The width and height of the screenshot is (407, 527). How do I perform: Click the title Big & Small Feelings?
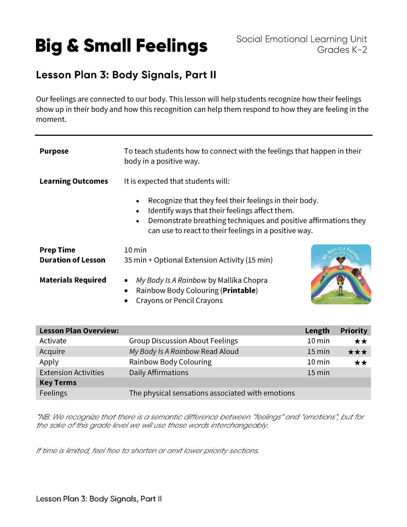click(121, 46)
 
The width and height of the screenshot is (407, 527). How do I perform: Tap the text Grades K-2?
click(342, 50)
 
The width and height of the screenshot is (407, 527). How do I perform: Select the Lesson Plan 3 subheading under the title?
click(126, 75)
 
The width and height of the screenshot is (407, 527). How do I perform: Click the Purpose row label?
click(54, 151)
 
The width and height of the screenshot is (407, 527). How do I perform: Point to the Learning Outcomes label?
click(74, 181)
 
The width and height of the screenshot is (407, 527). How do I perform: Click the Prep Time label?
click(57, 250)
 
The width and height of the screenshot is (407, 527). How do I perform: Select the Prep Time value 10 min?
click(135, 250)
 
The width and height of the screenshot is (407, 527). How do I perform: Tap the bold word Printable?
click(239, 291)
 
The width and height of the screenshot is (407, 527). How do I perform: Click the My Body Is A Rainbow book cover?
click(341, 274)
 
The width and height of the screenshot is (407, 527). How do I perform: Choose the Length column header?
click(317, 330)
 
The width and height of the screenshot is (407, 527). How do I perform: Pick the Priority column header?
click(354, 330)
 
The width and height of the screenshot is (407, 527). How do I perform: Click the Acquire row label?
click(52, 351)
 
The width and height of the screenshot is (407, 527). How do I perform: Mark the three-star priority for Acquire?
click(357, 352)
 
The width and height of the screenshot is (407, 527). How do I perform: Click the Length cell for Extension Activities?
click(318, 372)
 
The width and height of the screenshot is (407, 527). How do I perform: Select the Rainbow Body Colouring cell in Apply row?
click(170, 362)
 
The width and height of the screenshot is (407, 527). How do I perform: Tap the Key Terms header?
click(58, 383)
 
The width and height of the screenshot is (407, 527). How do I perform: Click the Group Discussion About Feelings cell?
click(183, 341)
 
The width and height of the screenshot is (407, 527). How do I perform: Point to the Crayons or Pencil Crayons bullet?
click(179, 301)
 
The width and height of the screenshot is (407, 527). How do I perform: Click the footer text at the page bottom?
click(99, 499)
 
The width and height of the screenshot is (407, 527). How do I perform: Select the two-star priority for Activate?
click(360, 341)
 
